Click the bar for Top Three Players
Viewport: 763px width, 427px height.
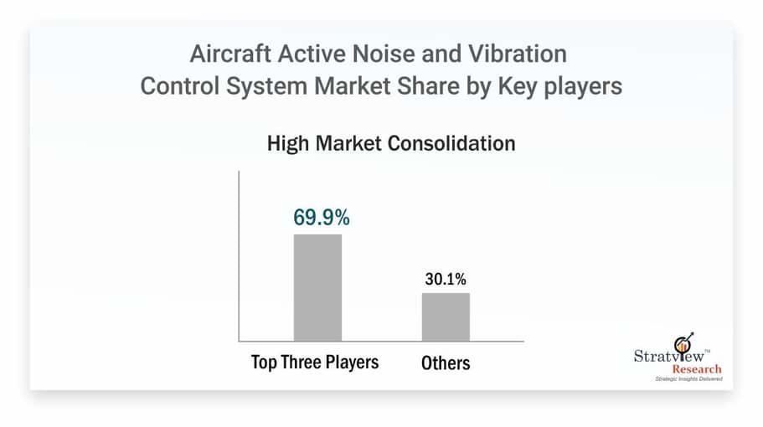[x=317, y=287]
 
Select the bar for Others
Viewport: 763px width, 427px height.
[x=446, y=316]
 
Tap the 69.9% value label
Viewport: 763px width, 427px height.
[x=321, y=217]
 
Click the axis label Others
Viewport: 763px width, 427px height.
[x=445, y=363]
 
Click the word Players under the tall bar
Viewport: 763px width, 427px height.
[x=353, y=363]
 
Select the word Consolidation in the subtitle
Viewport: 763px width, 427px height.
[x=451, y=143]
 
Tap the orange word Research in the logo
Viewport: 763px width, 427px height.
[x=688, y=368]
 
